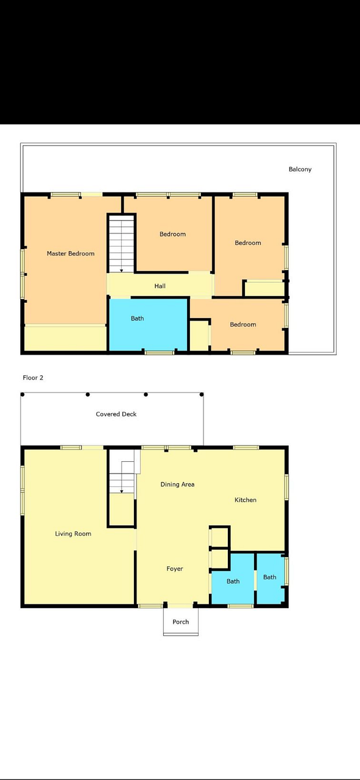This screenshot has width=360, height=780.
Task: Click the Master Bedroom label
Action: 71,253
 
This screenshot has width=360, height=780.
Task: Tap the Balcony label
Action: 300,169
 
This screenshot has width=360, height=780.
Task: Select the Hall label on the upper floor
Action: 160,286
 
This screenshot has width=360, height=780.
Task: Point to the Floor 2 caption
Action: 33,377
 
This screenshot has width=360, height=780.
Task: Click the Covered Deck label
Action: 116,414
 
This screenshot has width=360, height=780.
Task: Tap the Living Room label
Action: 73,533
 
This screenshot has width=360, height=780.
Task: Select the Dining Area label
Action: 177,484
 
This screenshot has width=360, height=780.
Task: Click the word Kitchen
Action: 245,500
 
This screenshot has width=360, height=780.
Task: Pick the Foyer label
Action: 175,569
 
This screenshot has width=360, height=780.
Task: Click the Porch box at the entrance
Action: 181,622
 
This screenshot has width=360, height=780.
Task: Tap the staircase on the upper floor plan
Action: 121,244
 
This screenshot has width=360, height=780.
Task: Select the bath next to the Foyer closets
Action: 233,578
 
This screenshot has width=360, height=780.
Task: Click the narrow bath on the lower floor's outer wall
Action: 270,578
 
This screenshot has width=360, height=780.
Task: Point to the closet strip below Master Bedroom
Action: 65,338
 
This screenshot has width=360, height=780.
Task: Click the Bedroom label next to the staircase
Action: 172,234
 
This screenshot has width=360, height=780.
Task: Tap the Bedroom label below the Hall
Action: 243,324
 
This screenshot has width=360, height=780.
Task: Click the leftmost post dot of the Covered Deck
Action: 23,394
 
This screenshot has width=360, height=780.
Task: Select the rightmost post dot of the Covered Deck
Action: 202,394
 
